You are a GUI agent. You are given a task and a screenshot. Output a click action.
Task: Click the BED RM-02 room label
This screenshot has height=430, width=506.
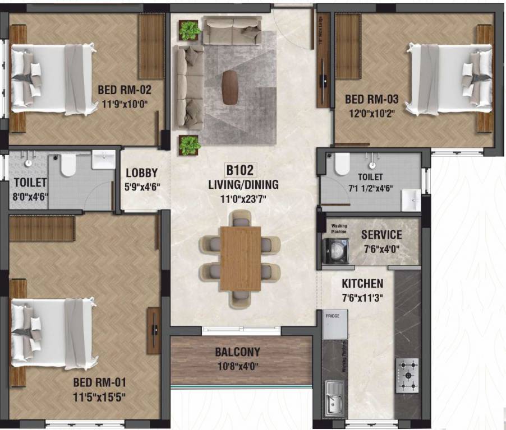124,89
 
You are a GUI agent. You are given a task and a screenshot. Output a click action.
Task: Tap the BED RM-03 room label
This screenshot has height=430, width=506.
371,99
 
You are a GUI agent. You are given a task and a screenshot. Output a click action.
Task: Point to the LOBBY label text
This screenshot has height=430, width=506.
141,173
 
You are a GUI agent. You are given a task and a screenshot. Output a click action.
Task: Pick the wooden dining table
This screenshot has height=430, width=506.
240,258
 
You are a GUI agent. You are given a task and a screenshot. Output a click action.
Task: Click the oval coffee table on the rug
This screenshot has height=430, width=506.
230,87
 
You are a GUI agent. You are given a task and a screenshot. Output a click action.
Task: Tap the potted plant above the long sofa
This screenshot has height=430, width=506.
190,30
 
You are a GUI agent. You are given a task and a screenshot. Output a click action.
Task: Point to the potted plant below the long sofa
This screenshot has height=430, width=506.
190,145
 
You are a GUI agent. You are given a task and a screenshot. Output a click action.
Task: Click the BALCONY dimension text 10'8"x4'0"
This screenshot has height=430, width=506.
237,367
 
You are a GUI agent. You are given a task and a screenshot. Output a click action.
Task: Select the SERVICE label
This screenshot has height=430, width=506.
381,235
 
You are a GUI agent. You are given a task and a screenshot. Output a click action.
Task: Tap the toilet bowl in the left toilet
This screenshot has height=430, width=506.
68,165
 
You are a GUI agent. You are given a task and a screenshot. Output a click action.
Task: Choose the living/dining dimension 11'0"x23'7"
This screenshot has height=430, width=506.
243,197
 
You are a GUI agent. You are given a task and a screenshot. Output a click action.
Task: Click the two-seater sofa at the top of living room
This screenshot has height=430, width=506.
232,30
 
